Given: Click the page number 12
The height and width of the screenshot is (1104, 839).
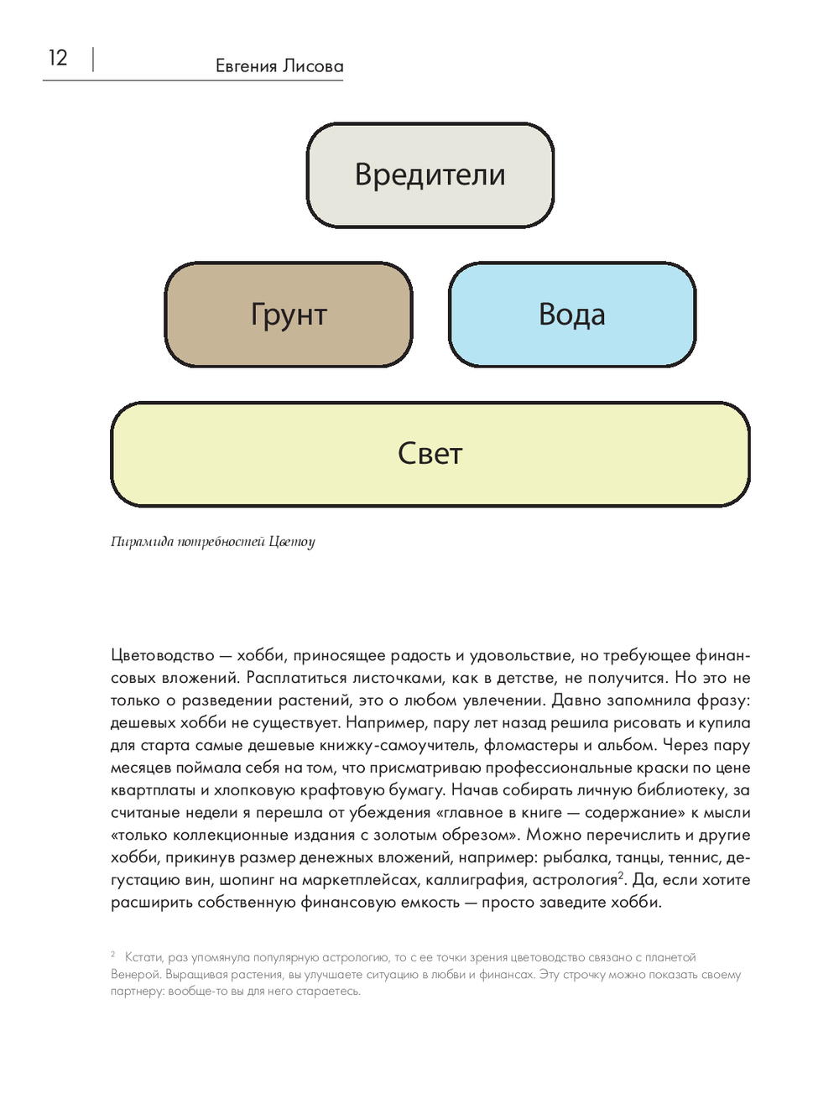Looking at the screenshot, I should click(57, 58).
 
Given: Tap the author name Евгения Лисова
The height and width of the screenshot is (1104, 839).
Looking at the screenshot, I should click(279, 66).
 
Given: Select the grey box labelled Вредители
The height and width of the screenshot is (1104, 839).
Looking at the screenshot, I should click(430, 174).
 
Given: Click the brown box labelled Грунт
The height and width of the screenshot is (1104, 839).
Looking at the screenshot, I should click(289, 315).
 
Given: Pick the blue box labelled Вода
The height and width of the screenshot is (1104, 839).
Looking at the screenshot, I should click(572, 315).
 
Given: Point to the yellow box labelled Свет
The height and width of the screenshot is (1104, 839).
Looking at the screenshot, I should click(430, 454).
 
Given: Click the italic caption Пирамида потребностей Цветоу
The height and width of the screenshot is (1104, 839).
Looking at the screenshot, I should click(212, 542).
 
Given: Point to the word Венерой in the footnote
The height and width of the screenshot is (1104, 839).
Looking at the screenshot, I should click(135, 975).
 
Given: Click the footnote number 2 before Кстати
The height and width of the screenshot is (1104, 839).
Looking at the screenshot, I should click(113, 955).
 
